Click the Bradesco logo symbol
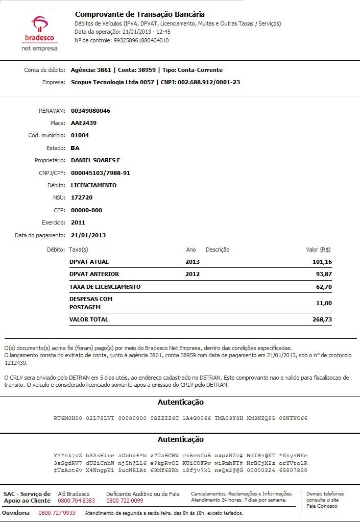[40, 23]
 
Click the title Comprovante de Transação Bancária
[140, 14]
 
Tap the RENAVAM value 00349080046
[90, 111]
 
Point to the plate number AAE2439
[84, 123]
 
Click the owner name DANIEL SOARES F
[95, 160]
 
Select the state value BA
[75, 148]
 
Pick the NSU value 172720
[82, 197]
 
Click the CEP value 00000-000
[86, 210]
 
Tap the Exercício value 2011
[78, 222]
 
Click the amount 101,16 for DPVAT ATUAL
[322, 262]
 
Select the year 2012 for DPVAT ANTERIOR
[193, 274]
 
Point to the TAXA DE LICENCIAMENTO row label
[105, 287]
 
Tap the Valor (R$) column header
[318, 250]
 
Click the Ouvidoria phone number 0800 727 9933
[57, 513]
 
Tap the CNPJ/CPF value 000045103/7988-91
[100, 173]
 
